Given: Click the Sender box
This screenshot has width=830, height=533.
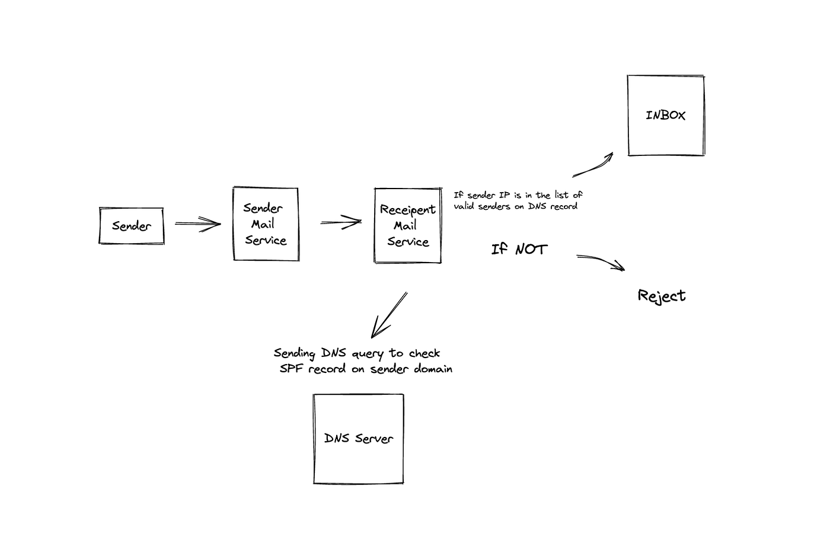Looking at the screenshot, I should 131,226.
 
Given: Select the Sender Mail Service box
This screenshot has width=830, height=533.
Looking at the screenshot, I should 266,224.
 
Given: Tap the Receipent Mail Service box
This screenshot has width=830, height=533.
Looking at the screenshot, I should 408,225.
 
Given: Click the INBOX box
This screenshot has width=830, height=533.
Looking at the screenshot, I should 666,116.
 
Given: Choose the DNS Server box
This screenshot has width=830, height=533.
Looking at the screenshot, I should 359,439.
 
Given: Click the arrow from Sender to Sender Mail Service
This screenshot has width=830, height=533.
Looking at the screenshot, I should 197,224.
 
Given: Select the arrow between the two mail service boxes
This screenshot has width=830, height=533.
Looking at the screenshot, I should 341,223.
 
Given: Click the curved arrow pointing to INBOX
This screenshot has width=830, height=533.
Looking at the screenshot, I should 593,165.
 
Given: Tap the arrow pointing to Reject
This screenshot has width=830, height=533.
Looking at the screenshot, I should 601,261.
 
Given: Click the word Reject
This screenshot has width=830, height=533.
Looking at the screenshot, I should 662,296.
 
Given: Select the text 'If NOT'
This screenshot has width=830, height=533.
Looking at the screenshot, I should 519,249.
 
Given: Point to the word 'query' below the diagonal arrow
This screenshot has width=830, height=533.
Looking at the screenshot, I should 368,354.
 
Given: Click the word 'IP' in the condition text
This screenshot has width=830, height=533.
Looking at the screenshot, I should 504,195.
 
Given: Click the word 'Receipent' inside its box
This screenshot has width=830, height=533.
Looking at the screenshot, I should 407,210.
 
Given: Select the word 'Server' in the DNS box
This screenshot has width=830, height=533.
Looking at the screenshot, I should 373,439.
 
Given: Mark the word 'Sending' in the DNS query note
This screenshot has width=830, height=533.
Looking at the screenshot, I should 294,353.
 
